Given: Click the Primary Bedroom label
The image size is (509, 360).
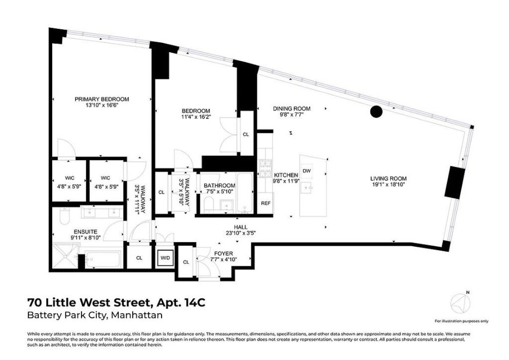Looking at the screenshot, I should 102,99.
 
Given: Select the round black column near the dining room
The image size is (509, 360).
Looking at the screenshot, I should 376,112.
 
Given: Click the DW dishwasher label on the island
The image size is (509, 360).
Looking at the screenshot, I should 307,171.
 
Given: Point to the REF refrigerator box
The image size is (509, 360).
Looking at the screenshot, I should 266,203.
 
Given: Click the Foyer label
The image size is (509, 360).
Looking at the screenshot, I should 224,253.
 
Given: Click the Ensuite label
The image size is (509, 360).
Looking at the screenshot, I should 86,231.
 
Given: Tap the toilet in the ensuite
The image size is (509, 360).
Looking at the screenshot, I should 63,216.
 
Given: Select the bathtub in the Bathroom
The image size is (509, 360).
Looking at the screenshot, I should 245,193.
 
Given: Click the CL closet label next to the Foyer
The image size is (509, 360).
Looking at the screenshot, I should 186,262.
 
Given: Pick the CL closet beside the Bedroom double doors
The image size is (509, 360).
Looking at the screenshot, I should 246,135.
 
